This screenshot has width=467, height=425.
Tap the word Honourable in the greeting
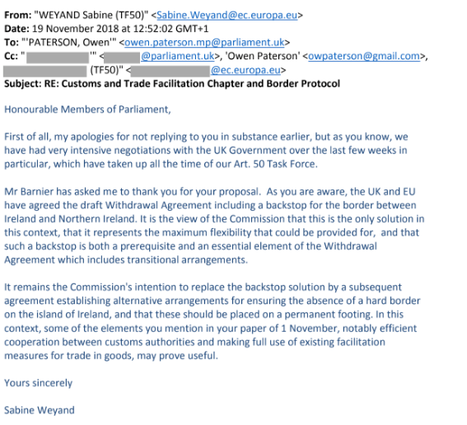point(32,109)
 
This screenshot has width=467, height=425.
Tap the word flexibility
point(278,231)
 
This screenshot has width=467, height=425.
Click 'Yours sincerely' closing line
point(38,382)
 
